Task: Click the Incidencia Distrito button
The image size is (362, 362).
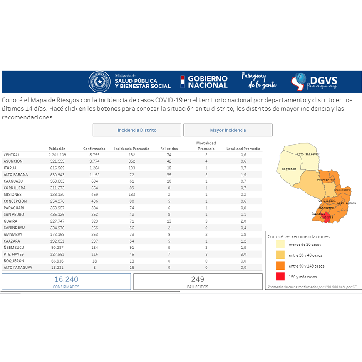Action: pos(137,130)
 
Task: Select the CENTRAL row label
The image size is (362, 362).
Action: pos(12,155)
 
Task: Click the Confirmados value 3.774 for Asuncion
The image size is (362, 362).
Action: pos(94,161)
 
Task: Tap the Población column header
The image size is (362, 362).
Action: pos(57,149)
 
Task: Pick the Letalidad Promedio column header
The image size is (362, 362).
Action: pos(243,149)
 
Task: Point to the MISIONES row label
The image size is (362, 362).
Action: pos(13,194)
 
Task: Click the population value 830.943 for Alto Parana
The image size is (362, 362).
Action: pos(57,175)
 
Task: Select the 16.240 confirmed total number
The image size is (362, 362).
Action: pos(66,279)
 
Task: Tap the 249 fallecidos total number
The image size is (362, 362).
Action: pos(198,279)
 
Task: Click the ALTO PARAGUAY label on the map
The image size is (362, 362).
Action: pos(308,154)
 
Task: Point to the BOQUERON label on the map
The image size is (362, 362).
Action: pos(289,169)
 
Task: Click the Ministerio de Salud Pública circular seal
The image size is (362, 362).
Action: pos(100,82)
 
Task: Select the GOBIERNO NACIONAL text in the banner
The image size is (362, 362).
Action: pos(208,82)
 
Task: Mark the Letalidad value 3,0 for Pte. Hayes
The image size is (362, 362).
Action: pos(243,254)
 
